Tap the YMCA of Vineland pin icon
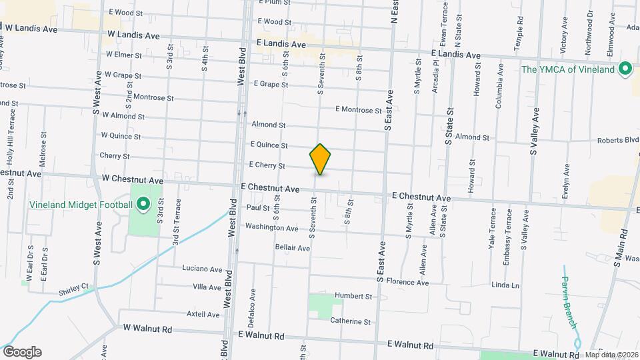tap(625, 69)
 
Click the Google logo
tap(22, 352)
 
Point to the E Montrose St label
tap(358, 110)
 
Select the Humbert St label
tap(353, 296)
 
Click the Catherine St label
tap(350, 321)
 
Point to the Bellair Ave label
tap(293, 248)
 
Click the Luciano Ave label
tap(202, 269)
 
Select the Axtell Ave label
tap(203, 315)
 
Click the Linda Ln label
tap(505, 285)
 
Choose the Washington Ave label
tap(271, 228)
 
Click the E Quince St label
tap(269, 145)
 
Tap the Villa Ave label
tap(206, 288)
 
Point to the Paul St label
tap(257, 208)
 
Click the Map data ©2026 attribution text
tap(611, 355)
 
